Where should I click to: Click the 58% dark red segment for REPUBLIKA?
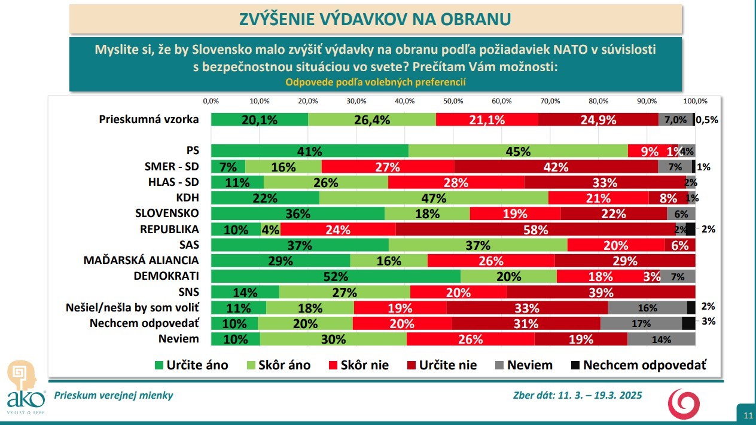click(536, 229)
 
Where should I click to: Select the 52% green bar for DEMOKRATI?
click(336, 276)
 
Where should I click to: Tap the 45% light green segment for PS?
click(518, 151)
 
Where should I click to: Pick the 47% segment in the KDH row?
click(434, 198)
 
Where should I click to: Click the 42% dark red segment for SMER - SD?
click(556, 167)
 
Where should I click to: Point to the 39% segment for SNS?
click(600, 292)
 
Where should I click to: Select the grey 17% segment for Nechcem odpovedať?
click(641, 323)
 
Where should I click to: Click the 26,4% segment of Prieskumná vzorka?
click(371, 120)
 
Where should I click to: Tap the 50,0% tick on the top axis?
click(453, 100)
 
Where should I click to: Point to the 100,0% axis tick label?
click(696, 100)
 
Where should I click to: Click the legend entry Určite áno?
click(191, 365)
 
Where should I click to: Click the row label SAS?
click(189, 244)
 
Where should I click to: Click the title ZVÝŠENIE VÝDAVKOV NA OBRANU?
click(376, 19)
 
